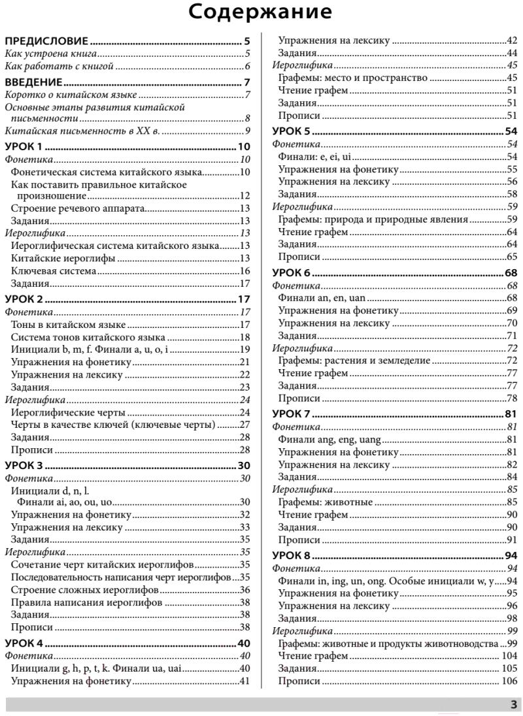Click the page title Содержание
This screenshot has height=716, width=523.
[261, 12]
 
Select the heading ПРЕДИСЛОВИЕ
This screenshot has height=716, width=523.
[46, 41]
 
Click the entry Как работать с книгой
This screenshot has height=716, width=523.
[59, 66]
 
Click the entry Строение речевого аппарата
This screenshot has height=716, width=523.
[78, 209]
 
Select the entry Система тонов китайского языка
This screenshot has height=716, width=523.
[88, 337]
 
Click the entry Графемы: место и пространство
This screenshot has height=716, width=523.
[352, 78]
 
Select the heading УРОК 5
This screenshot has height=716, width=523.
[290, 131]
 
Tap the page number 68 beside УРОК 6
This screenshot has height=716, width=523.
[511, 272]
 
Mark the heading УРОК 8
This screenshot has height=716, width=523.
[290, 555]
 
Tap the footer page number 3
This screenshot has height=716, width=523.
[513, 704]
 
